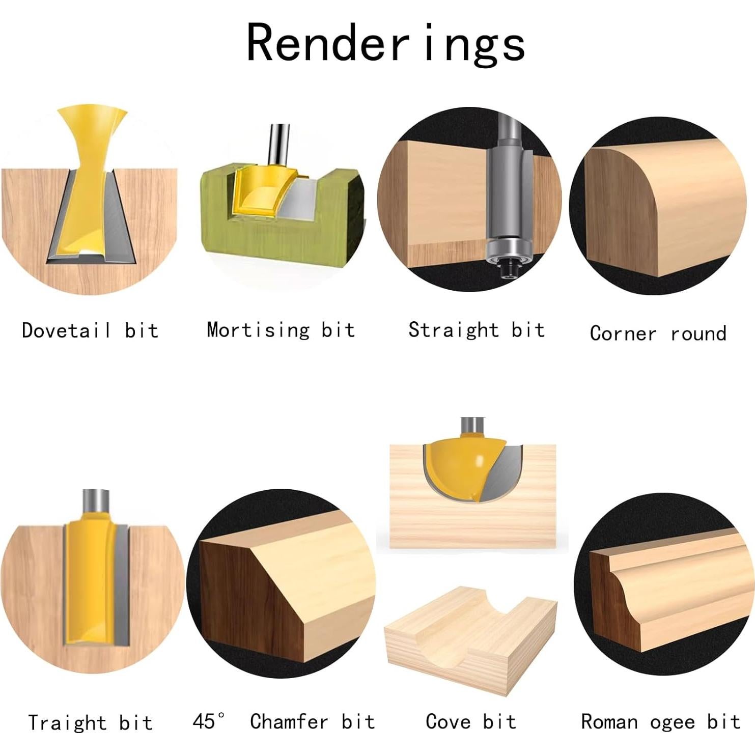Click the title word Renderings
(x=385, y=44)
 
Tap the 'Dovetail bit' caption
(x=90, y=331)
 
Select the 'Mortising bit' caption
(x=281, y=330)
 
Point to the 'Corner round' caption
(x=658, y=333)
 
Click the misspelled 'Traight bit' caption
(x=90, y=722)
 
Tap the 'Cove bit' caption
(x=470, y=721)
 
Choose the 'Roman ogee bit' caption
(x=660, y=722)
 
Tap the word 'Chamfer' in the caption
(x=289, y=721)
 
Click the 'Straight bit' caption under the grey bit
(x=477, y=330)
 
